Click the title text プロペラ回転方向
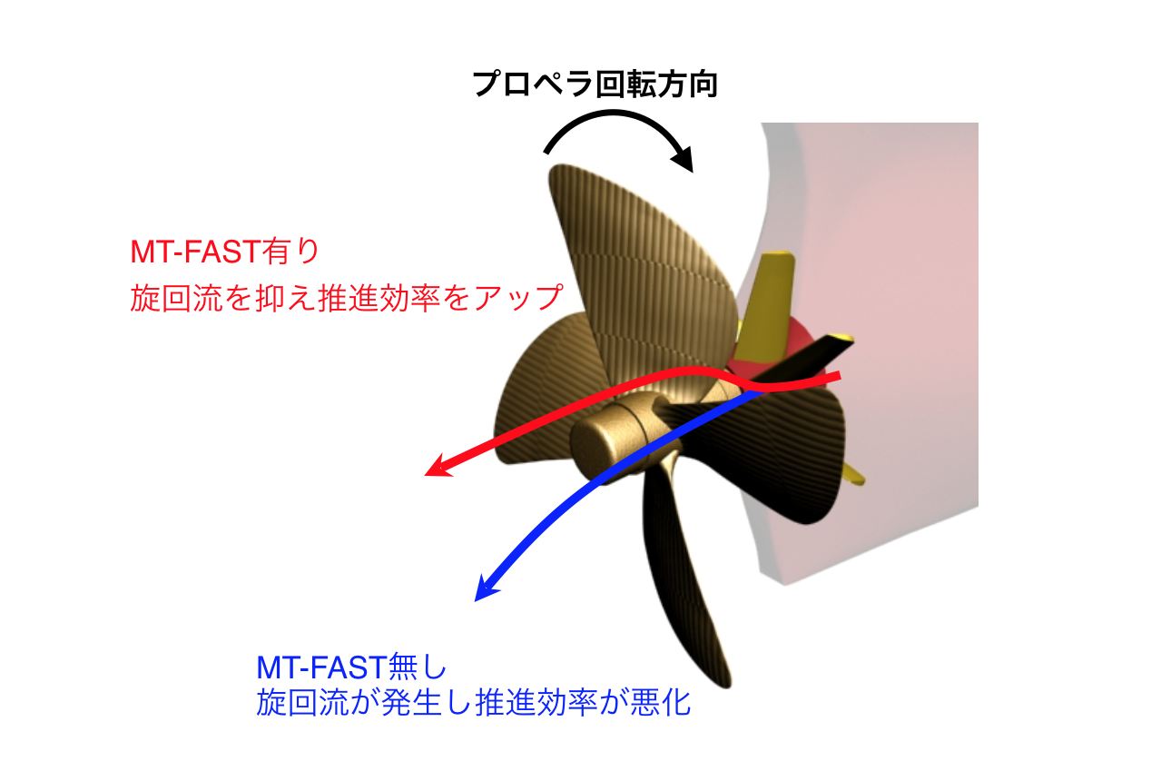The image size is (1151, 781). pyautogui.click(x=595, y=84)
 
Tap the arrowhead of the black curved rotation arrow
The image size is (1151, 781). pyautogui.click(x=684, y=159)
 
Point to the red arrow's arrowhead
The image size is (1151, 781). pyautogui.click(x=438, y=467)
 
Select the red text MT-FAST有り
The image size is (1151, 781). pyautogui.click(x=225, y=252)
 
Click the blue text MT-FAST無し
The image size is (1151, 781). pyautogui.click(x=351, y=667)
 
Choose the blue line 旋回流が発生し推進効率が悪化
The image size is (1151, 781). pyautogui.click(x=473, y=703)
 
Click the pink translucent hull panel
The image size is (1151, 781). pyautogui.click(x=873, y=334)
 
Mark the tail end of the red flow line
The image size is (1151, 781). pyautogui.click(x=841, y=376)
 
